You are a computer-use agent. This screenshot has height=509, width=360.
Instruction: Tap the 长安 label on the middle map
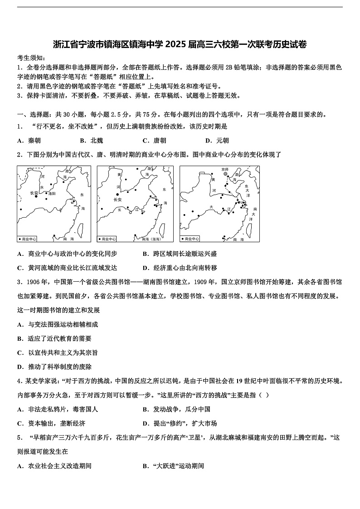(117, 200)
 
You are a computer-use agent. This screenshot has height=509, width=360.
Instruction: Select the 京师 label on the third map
(225, 169)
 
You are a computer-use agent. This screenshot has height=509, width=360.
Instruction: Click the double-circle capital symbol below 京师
(225, 174)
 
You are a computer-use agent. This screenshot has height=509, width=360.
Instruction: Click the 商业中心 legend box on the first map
(27, 239)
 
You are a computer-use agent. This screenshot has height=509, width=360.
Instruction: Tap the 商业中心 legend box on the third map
(190, 239)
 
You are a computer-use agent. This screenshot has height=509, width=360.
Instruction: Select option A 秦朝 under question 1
(29, 141)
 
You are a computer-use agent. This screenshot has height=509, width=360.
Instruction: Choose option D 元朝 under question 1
(217, 141)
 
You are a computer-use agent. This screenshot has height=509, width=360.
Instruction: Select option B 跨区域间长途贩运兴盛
(180, 254)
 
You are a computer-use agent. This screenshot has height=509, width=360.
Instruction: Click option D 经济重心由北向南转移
(180, 268)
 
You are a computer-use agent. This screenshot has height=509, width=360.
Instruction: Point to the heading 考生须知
(31, 58)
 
